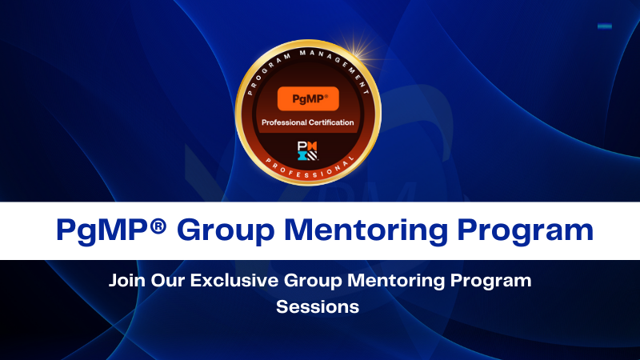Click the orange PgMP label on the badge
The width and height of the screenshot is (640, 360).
point(308,98)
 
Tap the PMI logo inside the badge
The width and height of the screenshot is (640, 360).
point(308,148)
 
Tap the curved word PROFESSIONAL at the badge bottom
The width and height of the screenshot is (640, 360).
point(308,173)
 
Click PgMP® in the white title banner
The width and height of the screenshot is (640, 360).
point(109,230)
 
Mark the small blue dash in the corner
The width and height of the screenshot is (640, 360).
point(605,26)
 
